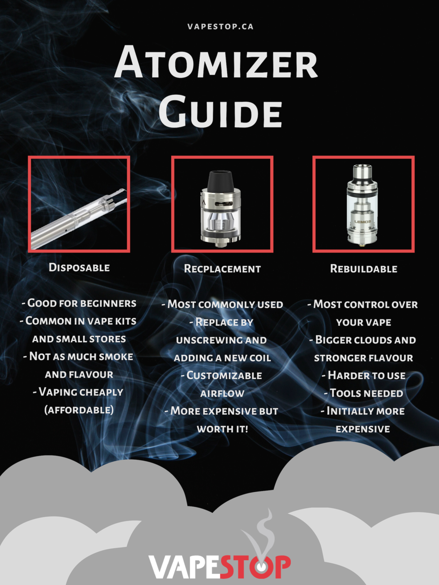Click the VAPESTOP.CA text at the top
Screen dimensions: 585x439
click(220, 27)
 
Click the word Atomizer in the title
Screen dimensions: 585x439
click(216, 63)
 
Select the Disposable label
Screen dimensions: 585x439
click(79, 268)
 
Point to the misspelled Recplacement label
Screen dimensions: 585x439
click(222, 269)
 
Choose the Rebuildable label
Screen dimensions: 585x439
click(364, 269)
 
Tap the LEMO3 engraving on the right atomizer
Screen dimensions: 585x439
click(362, 222)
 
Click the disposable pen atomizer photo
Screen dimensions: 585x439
click(79, 216)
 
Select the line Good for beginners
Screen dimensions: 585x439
click(79, 303)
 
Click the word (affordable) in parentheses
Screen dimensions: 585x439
click(79, 410)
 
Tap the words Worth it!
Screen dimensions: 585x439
click(222, 429)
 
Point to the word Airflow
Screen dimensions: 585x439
click(222, 394)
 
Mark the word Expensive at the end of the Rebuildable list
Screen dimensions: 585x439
click(363, 429)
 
